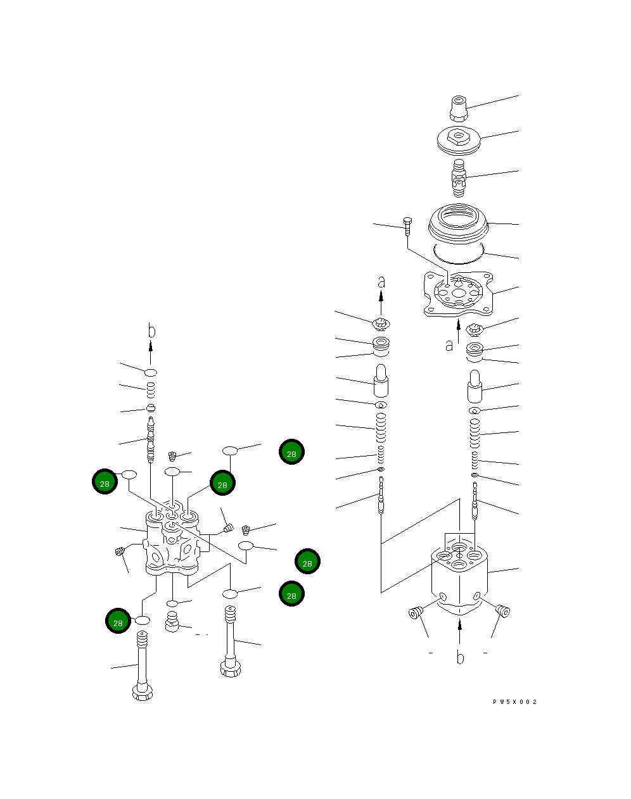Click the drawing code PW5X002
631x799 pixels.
[x=514, y=701]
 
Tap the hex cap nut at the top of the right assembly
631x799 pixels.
[x=459, y=108]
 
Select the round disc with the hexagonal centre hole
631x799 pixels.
[x=459, y=141]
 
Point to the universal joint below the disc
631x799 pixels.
[x=459, y=178]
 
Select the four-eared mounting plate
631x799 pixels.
[x=459, y=294]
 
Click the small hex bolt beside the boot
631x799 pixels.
[x=407, y=227]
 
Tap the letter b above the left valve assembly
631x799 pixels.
[x=151, y=330]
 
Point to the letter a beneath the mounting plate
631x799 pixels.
[x=449, y=346]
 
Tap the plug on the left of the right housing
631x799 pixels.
[x=416, y=612]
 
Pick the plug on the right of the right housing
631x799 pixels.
[x=503, y=611]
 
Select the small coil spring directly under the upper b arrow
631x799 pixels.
[x=151, y=390]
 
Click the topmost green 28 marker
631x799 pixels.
[x=291, y=451]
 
